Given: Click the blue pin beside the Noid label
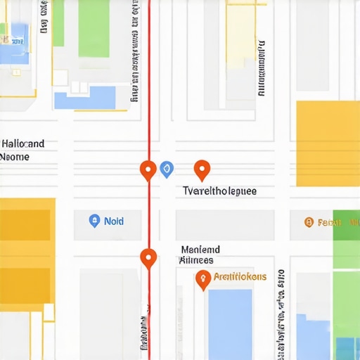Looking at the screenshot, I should pyautogui.click(x=94, y=221).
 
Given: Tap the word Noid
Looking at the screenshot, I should pyautogui.click(x=114, y=221).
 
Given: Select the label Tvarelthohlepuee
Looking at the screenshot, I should pyautogui.click(x=219, y=191).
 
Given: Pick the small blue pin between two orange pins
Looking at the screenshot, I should pyautogui.click(x=167, y=168).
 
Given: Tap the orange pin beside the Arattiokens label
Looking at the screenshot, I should pyautogui.click(x=203, y=279).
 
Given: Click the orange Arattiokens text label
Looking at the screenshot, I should pyautogui.click(x=240, y=277).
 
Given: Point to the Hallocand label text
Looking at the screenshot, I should pyautogui.click(x=23, y=144).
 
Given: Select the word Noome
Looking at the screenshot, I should pyautogui.click(x=15, y=157).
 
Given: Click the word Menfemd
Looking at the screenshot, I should pyautogui.click(x=200, y=250).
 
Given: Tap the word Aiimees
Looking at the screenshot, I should pyautogui.click(x=197, y=260).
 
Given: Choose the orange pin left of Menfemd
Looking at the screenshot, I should pyautogui.click(x=148, y=258).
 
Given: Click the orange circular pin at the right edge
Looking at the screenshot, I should pyautogui.click(x=308, y=222).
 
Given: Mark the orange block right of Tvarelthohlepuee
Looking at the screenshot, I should pyautogui.click(x=328, y=143).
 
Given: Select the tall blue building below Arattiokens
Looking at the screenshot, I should pyautogui.click(x=230, y=323).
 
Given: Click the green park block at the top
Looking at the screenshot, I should pyautogui.click(x=94, y=28).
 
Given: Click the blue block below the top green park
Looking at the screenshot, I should pyautogui.click(x=85, y=97).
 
